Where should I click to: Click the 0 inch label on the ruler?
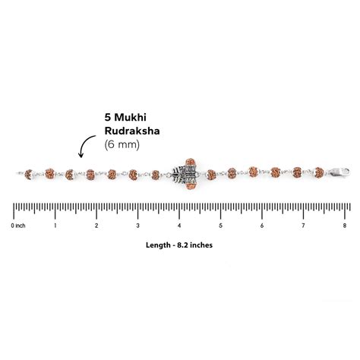pos(18,226)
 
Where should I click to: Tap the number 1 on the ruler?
pos(55,226)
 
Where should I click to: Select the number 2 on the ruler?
pos(96,226)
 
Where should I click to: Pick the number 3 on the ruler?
pos(137,226)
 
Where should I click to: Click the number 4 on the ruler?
pos(179,226)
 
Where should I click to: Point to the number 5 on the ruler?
pos(220,226)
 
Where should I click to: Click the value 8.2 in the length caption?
pos(188,245)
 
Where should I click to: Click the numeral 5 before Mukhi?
pos(109,118)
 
